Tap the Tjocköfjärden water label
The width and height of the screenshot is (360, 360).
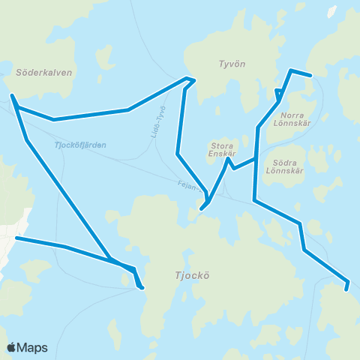coord(81,145)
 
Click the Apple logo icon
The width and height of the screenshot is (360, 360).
coord(12,347)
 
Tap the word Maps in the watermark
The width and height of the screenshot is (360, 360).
coord(32,348)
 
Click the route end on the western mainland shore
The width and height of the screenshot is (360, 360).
coord(16,238)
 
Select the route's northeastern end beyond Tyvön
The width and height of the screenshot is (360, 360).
coord(310,75)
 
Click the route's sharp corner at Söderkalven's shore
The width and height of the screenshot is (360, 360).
coord(13,96)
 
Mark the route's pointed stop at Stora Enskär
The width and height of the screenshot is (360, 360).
coord(227,159)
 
